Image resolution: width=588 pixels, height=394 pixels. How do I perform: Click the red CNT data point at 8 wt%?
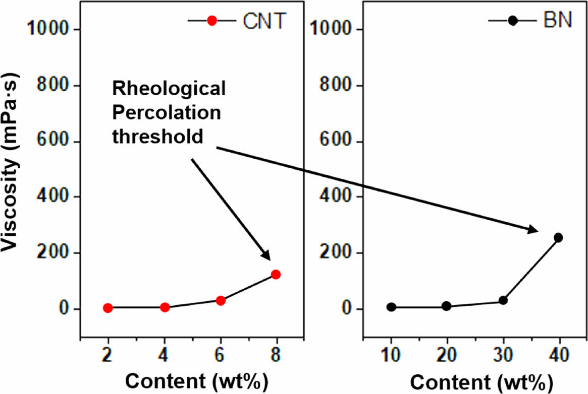point(276,275)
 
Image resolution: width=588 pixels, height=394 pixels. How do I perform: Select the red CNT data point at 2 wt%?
point(108,308)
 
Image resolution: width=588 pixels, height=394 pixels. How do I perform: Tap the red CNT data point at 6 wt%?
point(220,300)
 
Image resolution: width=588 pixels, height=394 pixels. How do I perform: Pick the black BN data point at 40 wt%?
point(558,237)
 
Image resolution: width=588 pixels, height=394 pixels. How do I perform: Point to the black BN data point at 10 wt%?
point(391,307)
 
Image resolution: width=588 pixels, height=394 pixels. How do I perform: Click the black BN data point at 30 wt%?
point(503,300)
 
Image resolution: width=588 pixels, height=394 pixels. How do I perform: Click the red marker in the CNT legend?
point(212,21)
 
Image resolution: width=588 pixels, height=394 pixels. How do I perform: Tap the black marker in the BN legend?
point(513,21)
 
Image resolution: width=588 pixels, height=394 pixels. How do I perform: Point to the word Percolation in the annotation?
point(167,112)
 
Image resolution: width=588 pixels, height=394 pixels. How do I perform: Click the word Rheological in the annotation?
point(169,90)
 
